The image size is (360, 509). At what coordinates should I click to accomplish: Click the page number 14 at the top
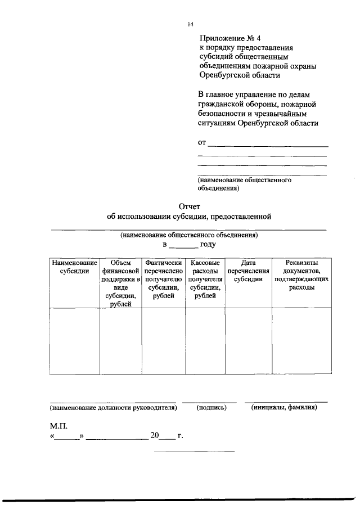[191, 24]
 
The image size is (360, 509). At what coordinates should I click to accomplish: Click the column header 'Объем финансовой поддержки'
[120, 283]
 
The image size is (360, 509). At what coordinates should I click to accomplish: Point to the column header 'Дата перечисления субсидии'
[248, 271]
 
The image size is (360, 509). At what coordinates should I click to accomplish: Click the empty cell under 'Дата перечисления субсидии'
[248, 341]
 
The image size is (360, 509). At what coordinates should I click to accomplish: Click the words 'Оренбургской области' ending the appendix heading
[239, 75]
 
